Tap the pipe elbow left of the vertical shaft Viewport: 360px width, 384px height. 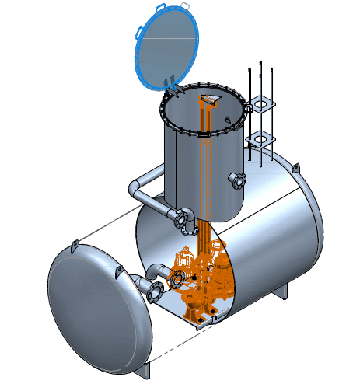pos(135,187)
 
